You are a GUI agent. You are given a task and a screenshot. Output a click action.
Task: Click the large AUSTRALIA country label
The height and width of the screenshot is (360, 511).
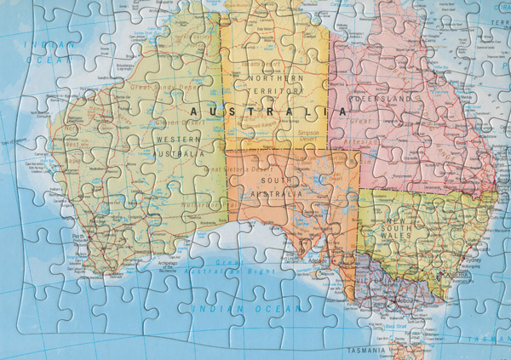pyautogui.click(x=267, y=111)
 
